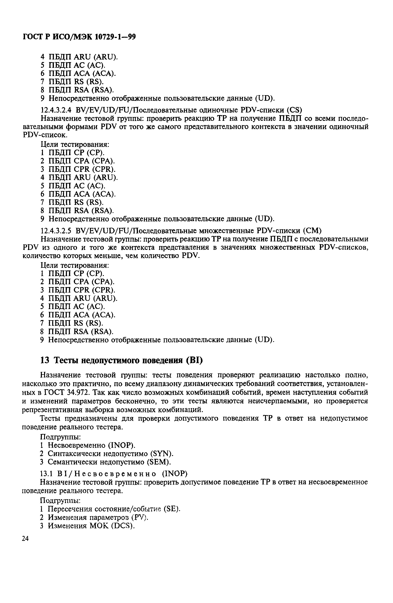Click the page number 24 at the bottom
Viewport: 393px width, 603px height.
(25, 539)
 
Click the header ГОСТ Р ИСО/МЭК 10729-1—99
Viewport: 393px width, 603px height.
(79, 37)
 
